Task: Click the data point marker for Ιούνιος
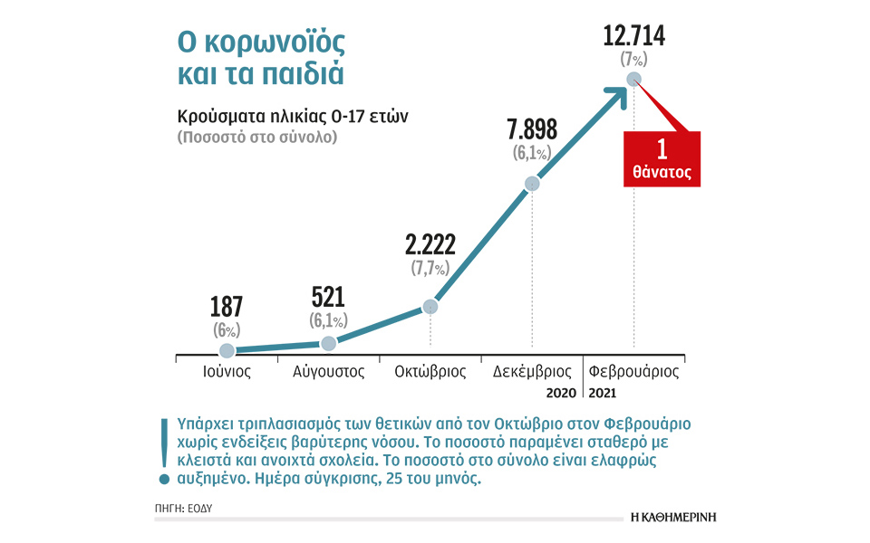pos(227,350)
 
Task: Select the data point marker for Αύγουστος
pos(329,343)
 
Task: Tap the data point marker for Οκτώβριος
pos(430,307)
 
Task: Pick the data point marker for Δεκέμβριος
pos(532,184)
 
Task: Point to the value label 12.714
pos(633,37)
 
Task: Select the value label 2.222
pos(430,244)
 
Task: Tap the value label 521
pos(328,298)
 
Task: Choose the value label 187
pos(227,307)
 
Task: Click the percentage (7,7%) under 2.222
pos(430,268)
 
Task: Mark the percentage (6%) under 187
pos(227,329)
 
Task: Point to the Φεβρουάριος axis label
pos(634,371)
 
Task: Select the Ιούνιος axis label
pos(227,371)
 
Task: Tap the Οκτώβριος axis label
pos(430,371)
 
